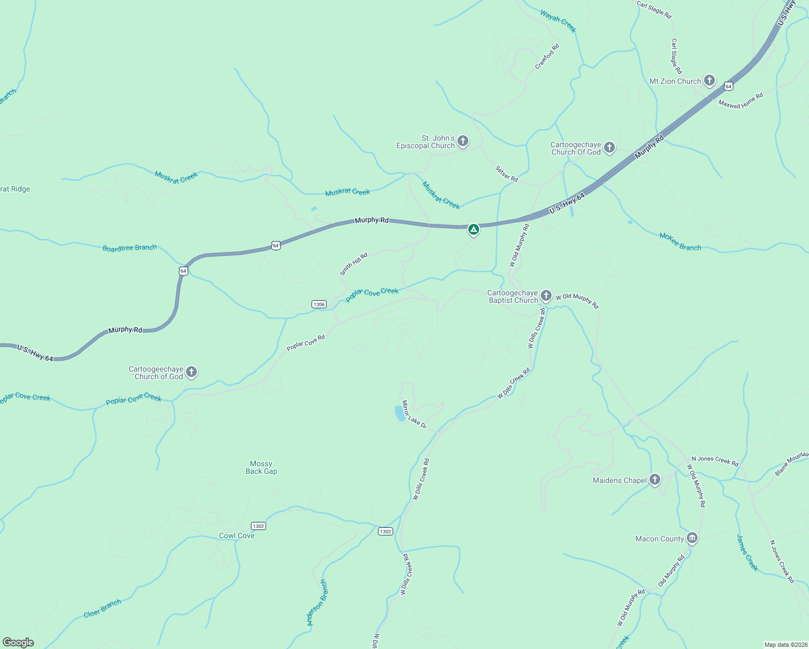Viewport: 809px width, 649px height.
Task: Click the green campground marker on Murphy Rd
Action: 473,229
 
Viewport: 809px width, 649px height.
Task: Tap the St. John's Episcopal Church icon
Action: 463,142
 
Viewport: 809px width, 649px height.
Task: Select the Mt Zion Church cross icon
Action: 709,81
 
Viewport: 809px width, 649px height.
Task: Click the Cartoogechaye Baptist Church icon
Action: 546,295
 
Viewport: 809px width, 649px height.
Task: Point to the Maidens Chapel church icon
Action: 655,480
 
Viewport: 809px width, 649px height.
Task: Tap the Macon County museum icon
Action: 692,538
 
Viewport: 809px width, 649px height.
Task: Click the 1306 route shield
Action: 319,304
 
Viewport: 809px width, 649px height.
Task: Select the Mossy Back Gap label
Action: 261,467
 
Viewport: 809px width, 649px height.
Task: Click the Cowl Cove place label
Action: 236,535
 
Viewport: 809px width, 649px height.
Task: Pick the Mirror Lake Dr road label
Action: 414,415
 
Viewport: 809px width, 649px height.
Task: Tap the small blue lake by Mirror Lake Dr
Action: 400,414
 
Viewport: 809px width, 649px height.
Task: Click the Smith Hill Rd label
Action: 354,264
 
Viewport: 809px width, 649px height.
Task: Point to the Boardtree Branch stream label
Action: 130,248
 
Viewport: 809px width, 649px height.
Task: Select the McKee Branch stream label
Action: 680,242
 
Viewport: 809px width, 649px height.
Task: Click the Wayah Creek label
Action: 558,22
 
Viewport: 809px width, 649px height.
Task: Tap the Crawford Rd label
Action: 547,56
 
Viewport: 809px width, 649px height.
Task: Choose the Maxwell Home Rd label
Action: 740,101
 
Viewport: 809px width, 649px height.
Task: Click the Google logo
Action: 18,642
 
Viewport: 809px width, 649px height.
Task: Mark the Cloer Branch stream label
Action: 102,608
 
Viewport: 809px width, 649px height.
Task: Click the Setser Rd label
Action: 507,174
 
